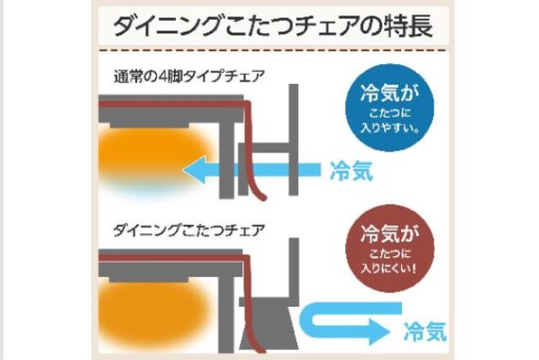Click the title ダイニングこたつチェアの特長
tap(273, 25)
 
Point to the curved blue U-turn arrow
tap(340, 319)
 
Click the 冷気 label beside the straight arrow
tap(351, 171)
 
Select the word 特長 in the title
tap(408, 25)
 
